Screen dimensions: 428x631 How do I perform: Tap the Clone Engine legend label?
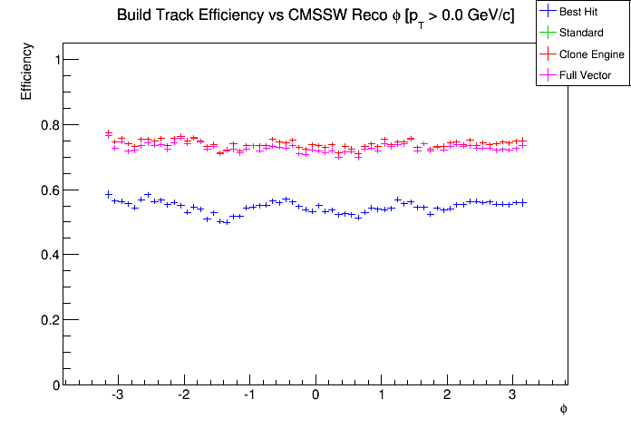point(592,54)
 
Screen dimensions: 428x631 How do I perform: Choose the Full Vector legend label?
point(586,75)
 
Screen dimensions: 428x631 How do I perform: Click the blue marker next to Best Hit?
point(548,12)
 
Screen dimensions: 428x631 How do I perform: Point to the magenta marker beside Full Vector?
point(548,75)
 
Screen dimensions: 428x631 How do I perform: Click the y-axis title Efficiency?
point(27,73)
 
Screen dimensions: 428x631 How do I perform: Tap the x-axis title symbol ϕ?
point(563,410)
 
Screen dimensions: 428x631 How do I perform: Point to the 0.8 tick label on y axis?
point(46,125)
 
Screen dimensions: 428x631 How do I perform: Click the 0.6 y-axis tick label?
point(46,190)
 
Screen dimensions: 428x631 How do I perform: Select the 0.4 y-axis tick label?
point(46,256)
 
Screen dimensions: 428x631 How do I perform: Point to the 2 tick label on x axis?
point(447,395)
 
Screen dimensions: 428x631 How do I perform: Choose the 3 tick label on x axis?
point(512,395)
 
